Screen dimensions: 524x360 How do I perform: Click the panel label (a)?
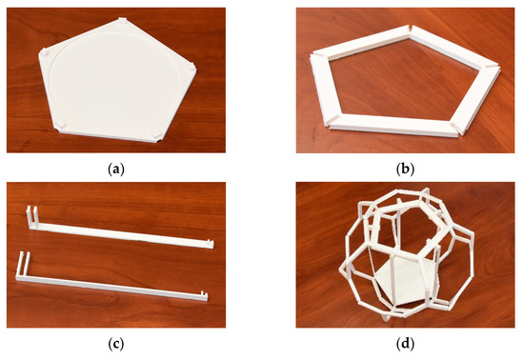116,170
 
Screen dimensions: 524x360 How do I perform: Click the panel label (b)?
405,170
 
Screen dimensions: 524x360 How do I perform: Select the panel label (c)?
116,344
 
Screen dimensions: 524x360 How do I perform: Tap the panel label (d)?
405,344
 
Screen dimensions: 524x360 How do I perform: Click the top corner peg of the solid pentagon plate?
123,21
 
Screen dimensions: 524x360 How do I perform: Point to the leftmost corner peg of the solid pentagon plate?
45,53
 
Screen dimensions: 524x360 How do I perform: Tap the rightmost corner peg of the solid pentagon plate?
191,67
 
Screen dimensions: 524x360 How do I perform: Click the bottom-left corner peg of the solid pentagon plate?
60,125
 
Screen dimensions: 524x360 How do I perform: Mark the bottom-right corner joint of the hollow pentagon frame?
456,127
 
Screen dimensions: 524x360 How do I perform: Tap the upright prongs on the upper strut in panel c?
32,216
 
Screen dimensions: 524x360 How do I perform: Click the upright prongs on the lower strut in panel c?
23,264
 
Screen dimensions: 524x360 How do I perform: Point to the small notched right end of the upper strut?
210,243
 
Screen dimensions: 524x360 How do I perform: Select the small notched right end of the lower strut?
203,295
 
